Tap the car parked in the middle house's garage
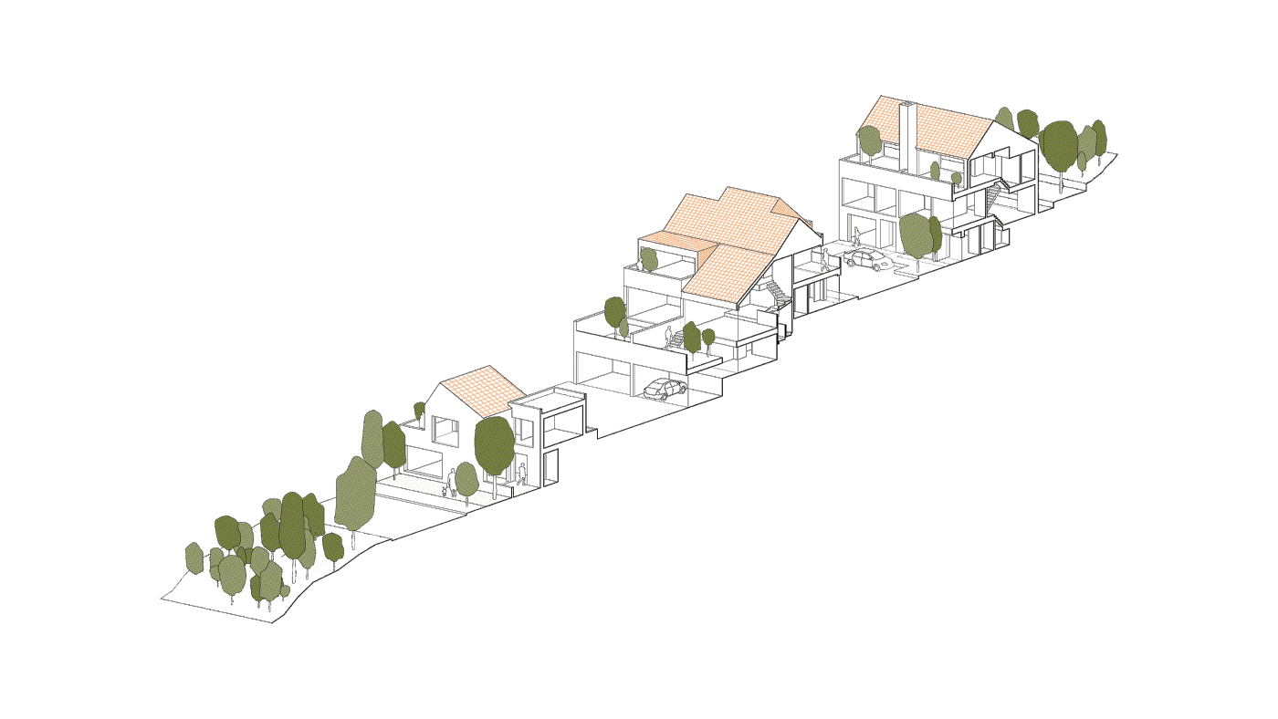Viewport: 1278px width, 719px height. (x=665, y=389)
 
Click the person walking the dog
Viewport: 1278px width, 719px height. (x=452, y=481)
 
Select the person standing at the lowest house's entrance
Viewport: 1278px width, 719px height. (x=521, y=475)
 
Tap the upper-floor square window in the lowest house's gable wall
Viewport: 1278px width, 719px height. (x=445, y=429)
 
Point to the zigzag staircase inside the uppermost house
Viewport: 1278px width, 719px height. (x=994, y=196)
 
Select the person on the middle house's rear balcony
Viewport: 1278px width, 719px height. (x=824, y=259)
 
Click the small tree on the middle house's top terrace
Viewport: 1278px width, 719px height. (x=649, y=258)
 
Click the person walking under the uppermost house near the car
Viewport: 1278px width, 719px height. (x=856, y=237)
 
